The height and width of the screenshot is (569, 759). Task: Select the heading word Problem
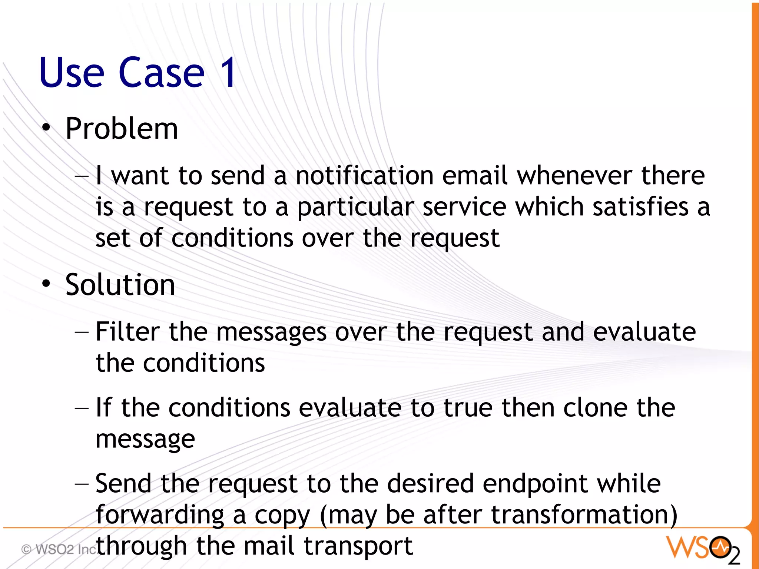(122, 129)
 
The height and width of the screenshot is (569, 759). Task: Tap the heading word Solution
(120, 285)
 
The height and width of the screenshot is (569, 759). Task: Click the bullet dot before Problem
(46, 128)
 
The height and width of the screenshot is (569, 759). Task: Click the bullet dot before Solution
(46, 284)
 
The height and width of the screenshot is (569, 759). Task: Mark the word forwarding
(160, 516)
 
